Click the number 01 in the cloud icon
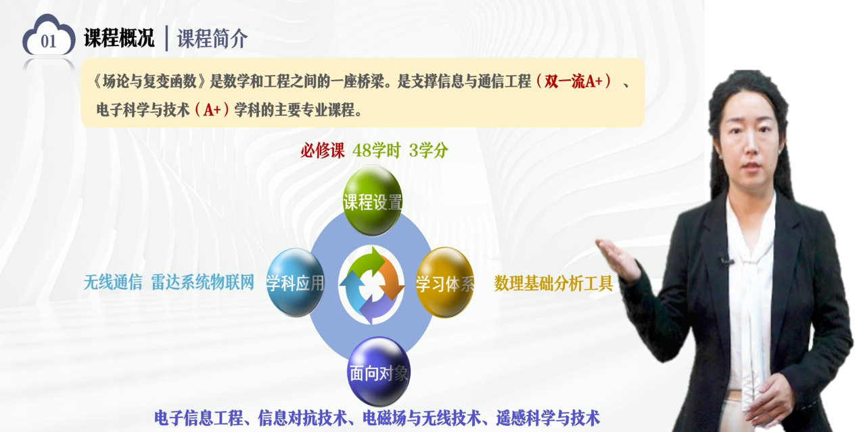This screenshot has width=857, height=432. click(48, 41)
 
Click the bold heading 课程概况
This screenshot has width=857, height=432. click(119, 38)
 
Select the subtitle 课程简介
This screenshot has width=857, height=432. click(212, 39)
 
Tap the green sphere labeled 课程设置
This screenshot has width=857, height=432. click(372, 200)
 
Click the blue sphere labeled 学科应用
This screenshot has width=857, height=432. click(295, 282)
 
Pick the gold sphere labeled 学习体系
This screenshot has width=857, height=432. click(444, 282)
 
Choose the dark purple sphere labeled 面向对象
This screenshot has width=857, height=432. click(379, 372)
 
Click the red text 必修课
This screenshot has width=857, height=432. click(323, 150)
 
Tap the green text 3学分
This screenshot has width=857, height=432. click(429, 150)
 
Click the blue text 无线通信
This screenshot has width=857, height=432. click(113, 282)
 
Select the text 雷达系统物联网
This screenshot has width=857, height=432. click(203, 282)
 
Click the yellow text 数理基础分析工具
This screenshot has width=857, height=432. click(553, 284)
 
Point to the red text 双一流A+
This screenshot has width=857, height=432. click(574, 81)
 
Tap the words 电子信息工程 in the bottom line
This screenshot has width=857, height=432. click(199, 418)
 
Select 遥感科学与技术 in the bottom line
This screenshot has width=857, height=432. click(548, 418)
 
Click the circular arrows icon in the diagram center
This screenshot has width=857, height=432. click(371, 285)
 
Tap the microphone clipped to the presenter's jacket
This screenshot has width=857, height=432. click(724, 261)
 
